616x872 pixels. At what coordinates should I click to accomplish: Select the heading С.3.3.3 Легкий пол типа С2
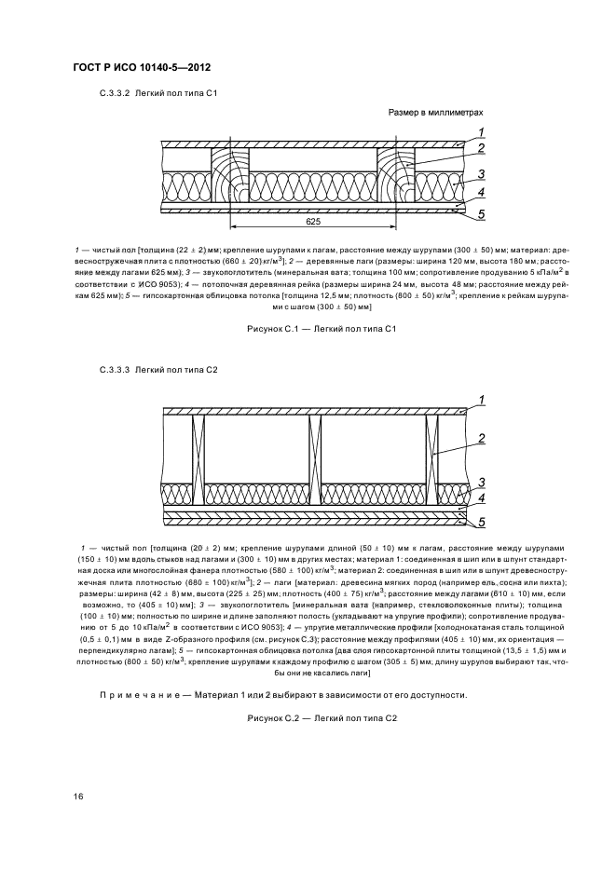(158, 370)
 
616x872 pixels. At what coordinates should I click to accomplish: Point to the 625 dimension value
(313, 224)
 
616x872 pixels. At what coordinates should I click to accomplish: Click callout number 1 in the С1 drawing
(482, 131)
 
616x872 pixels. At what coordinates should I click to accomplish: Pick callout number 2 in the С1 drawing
(482, 149)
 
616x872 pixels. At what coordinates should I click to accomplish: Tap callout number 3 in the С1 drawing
(482, 174)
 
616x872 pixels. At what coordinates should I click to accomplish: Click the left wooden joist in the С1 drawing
(231, 176)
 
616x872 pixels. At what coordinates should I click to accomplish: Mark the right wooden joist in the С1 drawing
(397, 176)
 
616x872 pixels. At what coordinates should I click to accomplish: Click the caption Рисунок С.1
(322, 330)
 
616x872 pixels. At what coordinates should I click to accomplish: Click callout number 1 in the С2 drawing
(482, 401)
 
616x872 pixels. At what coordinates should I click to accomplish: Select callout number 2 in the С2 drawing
(482, 439)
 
